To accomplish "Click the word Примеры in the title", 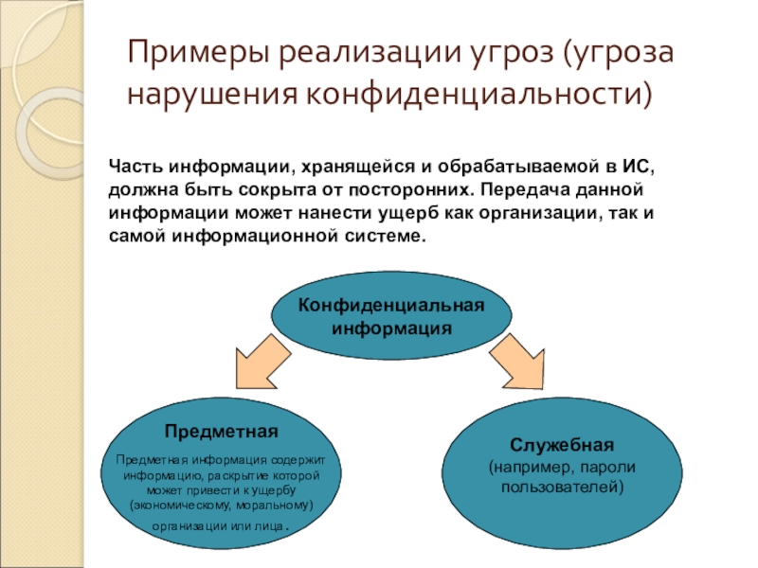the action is [x=195, y=54].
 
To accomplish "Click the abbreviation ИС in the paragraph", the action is [x=636, y=167].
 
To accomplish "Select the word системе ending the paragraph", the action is [x=389, y=235].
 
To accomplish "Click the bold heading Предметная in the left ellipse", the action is [x=220, y=432].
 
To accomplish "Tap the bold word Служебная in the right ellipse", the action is [x=562, y=444].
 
